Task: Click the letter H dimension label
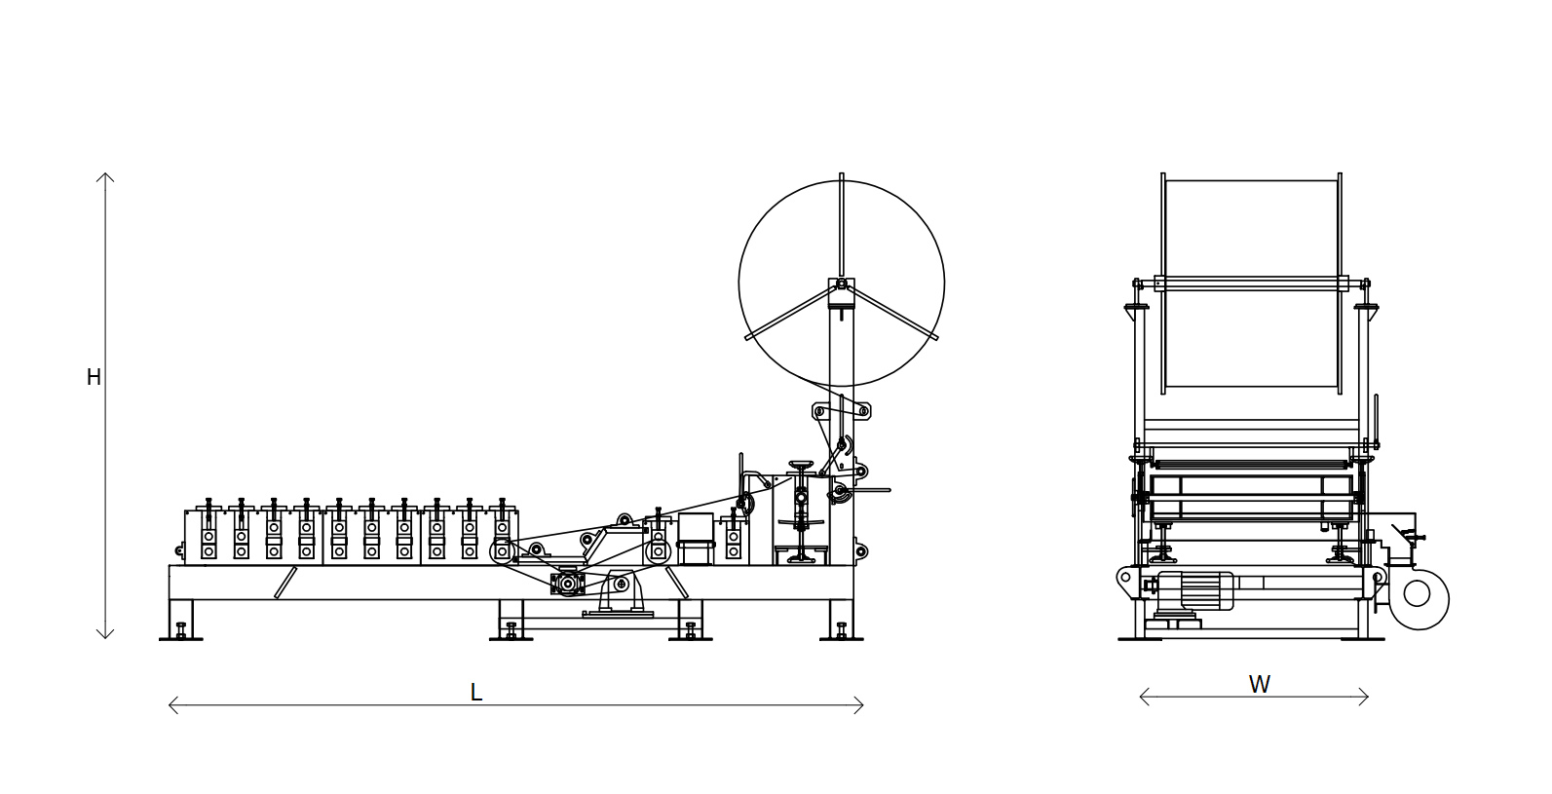(94, 378)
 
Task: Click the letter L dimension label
(476, 692)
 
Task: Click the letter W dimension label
(1260, 685)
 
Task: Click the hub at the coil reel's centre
(841, 284)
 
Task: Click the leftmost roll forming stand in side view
(208, 531)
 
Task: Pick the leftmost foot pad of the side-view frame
(181, 638)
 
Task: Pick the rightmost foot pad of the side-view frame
(841, 638)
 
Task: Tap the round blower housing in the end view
(1419, 598)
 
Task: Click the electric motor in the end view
(1194, 591)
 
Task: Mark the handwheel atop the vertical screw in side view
(801, 464)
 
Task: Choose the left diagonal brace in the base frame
(285, 583)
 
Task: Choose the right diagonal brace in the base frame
(676, 583)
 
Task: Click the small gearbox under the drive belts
(567, 585)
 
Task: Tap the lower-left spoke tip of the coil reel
(748, 338)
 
